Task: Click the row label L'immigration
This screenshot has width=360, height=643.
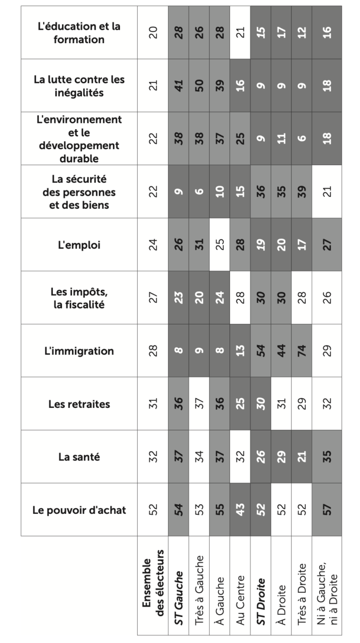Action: [79, 351]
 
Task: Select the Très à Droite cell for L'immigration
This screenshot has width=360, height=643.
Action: [301, 351]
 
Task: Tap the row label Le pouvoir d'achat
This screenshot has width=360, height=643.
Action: [79, 510]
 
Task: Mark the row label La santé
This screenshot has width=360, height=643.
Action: [79, 457]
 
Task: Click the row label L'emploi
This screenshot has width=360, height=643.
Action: [79, 245]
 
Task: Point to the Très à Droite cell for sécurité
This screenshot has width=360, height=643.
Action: [301, 192]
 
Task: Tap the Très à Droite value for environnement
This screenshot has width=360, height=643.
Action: [301, 139]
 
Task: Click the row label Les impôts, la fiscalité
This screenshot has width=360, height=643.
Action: [79, 298]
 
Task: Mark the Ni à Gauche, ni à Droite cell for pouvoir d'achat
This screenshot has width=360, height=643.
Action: [326, 510]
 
